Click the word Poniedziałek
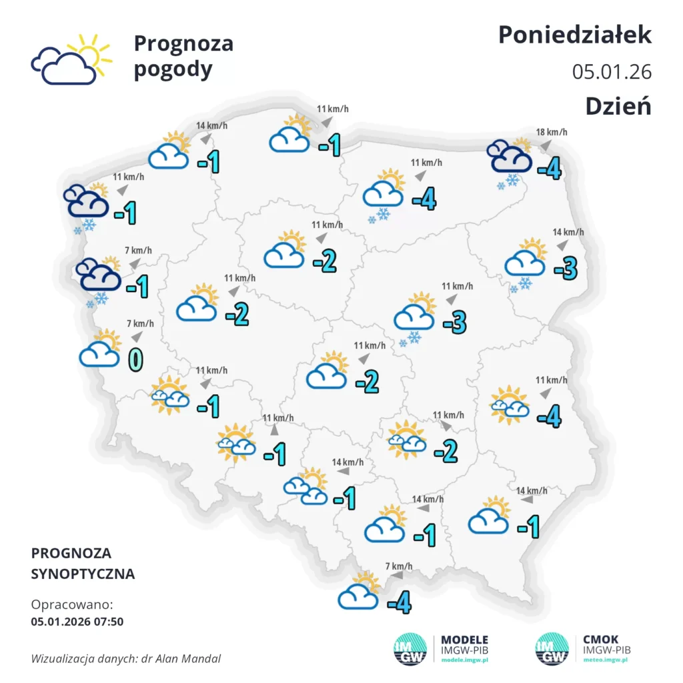pyautogui.click(x=574, y=35)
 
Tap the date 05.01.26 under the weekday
pyautogui.click(x=612, y=71)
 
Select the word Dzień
pyautogui.click(x=618, y=105)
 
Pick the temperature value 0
pyautogui.click(x=135, y=359)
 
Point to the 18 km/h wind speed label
pyautogui.click(x=552, y=132)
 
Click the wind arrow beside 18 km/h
pyautogui.click(x=545, y=145)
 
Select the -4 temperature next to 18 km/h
pyautogui.click(x=549, y=169)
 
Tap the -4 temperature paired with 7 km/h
pyautogui.click(x=399, y=604)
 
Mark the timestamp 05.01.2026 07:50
pyautogui.click(x=77, y=622)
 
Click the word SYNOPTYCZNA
pyautogui.click(x=83, y=574)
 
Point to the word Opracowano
pyautogui.click(x=72, y=605)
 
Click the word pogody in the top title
pyautogui.click(x=173, y=69)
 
